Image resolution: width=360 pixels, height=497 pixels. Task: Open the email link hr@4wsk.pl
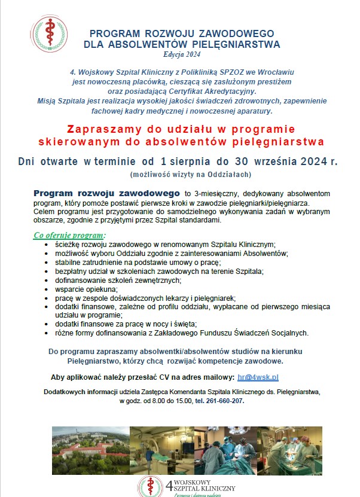click(258, 377)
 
